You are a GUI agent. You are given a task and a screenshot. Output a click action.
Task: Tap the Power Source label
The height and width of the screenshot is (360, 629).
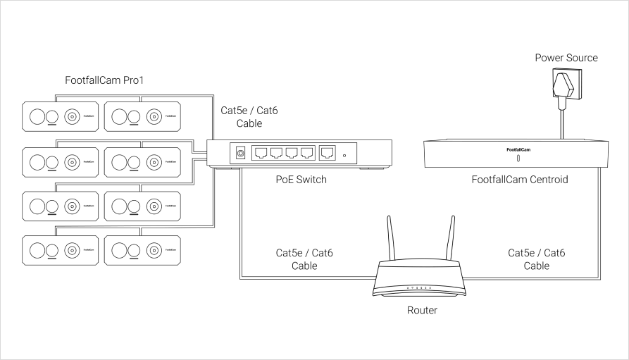(x=566, y=58)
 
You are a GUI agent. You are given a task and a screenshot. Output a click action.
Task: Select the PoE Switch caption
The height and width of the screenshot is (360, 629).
(x=301, y=180)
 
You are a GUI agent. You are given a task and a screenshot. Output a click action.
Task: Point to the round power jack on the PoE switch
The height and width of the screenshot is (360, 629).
(x=240, y=152)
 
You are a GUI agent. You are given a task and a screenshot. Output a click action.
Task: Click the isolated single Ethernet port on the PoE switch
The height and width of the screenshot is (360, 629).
(x=328, y=152)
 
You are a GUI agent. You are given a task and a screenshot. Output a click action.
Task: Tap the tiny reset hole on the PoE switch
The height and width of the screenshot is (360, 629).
(x=344, y=155)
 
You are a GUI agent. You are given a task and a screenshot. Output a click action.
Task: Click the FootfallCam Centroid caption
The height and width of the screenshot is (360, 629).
(x=520, y=180)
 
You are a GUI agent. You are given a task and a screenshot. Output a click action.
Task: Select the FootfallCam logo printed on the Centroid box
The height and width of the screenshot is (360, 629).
(x=518, y=149)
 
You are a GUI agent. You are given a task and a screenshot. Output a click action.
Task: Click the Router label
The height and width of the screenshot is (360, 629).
(x=422, y=310)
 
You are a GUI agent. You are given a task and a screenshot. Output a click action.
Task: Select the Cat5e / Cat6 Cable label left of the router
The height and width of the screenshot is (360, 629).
(x=304, y=259)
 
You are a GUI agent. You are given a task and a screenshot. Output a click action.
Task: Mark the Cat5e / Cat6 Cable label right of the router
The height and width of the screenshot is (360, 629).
(x=536, y=259)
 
